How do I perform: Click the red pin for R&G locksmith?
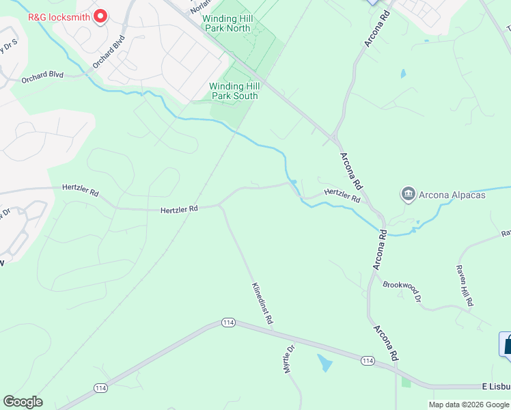[x=100, y=15]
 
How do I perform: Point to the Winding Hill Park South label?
[x=234, y=91]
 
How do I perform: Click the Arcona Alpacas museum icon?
[x=409, y=195]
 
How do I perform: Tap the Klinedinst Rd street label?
[x=262, y=303]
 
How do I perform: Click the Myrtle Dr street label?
[x=288, y=359]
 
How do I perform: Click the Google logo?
[x=23, y=402]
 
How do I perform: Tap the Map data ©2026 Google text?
[x=469, y=405]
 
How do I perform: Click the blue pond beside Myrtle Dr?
[x=323, y=362]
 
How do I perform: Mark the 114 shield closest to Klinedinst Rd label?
[x=228, y=323]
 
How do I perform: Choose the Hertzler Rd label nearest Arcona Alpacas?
[x=342, y=195]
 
